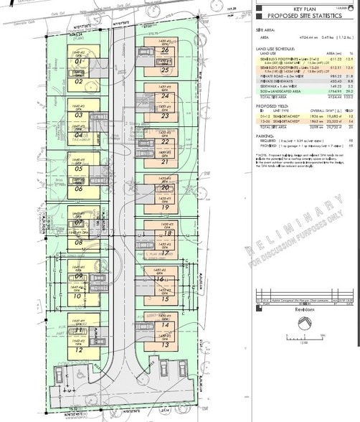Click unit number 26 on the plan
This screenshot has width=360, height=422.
(165, 51)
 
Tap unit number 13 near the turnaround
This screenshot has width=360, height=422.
(165, 345)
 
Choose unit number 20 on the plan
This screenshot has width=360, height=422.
(165, 187)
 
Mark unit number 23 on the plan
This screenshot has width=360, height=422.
(165, 116)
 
